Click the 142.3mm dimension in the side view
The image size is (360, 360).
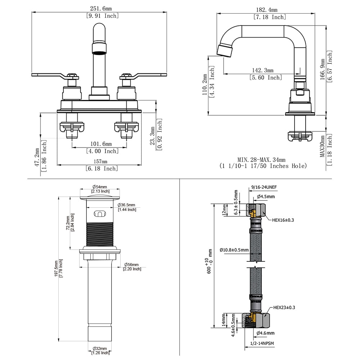262,70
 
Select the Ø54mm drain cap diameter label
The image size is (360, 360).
100,187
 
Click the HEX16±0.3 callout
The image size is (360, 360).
283,220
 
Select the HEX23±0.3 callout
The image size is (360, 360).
284,307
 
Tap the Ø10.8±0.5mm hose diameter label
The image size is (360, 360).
234,250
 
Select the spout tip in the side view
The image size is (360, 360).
224,50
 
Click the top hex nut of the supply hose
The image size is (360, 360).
256,210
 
